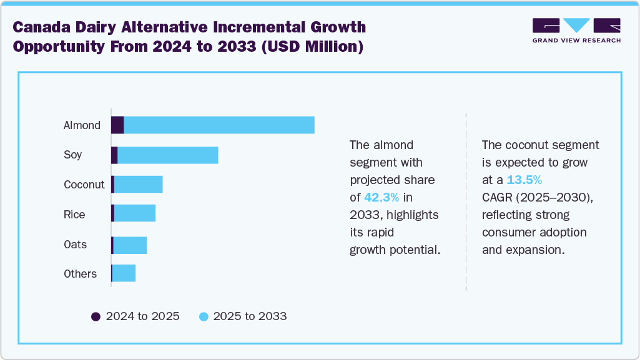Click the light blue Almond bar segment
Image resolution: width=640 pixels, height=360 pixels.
(x=219, y=125)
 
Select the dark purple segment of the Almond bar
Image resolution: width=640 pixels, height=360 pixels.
(x=117, y=125)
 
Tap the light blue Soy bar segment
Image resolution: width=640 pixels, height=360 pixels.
(x=167, y=155)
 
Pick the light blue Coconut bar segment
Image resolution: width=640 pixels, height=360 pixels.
(x=138, y=185)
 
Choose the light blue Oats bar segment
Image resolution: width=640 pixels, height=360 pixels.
(x=130, y=245)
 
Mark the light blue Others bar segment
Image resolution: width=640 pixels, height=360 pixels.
(x=124, y=273)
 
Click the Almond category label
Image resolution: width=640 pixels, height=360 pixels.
(x=82, y=125)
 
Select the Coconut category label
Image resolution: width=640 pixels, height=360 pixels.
(x=84, y=185)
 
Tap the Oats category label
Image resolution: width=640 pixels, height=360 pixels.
(x=76, y=245)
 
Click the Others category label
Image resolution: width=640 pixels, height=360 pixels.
(x=80, y=274)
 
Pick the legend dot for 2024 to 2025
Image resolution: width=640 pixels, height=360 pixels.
(x=96, y=316)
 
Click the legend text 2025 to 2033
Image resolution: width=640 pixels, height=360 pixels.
(x=250, y=316)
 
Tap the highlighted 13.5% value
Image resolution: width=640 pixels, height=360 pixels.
(x=524, y=180)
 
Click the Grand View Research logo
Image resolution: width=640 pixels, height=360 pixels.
(x=576, y=30)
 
